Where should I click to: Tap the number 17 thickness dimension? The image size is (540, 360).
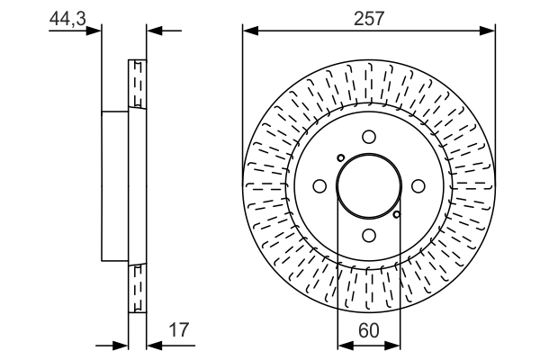tap(178, 330)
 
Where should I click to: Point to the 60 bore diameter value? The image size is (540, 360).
tap(368, 330)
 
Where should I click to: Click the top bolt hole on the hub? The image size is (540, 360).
tap(368, 136)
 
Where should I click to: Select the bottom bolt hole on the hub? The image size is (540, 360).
tap(368, 235)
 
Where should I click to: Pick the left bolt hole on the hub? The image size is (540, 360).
tap(319, 185)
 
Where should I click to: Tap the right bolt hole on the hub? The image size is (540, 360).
tap(418, 185)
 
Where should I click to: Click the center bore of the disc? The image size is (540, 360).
tap(368, 185)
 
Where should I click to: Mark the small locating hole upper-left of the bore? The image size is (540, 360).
tap(340, 157)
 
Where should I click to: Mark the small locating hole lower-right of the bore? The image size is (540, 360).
tap(397, 214)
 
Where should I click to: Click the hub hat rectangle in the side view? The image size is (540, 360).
tap(115, 185)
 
